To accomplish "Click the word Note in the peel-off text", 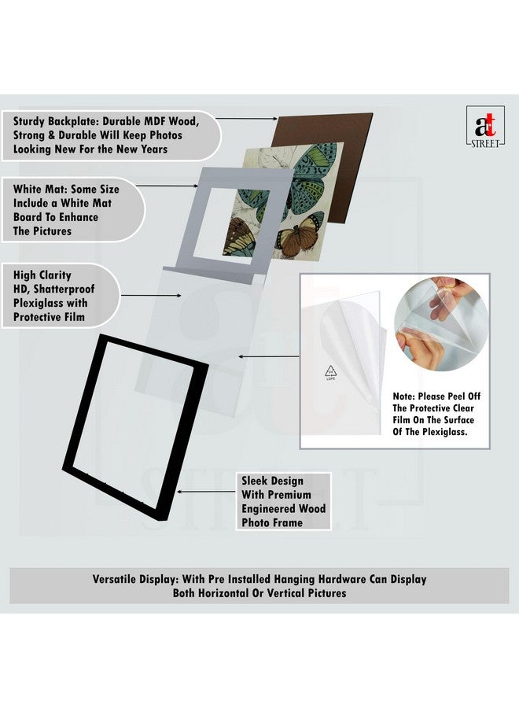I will click(407, 396).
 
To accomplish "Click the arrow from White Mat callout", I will click(171, 186).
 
